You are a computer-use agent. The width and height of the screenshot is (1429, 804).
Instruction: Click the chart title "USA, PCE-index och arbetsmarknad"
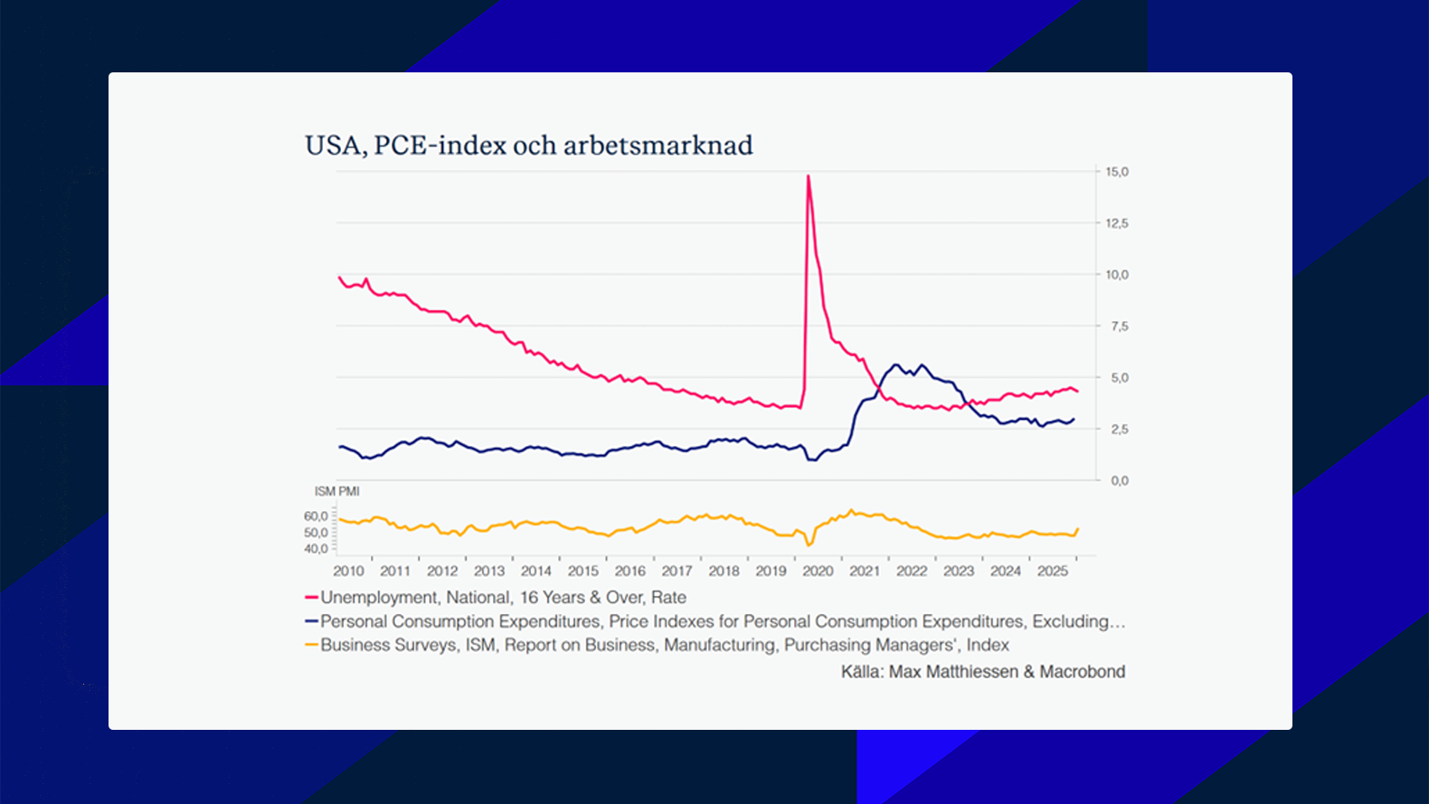[x=528, y=146]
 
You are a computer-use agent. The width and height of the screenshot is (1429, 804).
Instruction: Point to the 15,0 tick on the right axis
[x=1117, y=172]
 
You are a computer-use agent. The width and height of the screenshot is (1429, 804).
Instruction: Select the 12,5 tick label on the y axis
[x=1117, y=223]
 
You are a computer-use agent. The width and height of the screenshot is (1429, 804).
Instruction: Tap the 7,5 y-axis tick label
[x=1119, y=326]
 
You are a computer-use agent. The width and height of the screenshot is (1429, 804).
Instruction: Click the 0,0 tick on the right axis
[x=1119, y=481]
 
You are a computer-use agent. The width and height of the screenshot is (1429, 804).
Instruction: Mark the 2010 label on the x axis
[x=348, y=572]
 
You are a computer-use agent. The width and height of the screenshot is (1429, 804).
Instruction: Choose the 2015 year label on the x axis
[x=582, y=572]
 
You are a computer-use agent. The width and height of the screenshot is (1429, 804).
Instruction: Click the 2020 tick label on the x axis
[x=818, y=572]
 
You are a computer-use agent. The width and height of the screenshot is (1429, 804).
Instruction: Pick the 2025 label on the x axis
[x=1052, y=572]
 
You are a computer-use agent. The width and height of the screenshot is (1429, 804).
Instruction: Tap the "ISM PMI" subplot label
[x=336, y=491]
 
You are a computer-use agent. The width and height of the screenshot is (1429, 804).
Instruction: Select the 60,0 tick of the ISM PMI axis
[x=316, y=516]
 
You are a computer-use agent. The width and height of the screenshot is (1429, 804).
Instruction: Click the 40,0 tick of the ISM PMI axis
[x=316, y=549]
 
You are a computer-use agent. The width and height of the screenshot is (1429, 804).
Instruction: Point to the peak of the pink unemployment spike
[x=808, y=176]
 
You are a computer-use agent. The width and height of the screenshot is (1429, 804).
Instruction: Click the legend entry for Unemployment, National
[x=503, y=598]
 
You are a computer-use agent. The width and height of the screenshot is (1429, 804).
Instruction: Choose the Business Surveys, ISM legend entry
[x=664, y=645]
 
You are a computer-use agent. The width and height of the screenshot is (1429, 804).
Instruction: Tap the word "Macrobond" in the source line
[x=1082, y=672]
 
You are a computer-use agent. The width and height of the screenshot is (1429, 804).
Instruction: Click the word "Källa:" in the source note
[x=862, y=672]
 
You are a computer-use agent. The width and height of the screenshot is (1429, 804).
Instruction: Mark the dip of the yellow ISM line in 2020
[x=809, y=544]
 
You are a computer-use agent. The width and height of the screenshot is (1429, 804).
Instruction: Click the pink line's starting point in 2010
[x=339, y=278]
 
